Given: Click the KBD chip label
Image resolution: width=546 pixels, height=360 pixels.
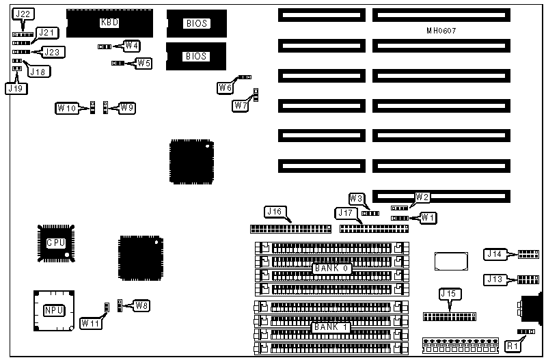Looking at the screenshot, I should (x=109, y=23).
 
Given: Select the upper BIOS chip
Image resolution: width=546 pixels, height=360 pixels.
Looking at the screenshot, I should (x=197, y=23).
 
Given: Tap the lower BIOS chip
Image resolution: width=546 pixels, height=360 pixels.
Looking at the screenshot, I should (x=197, y=56).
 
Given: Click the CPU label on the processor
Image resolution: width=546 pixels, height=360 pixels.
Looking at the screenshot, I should (x=56, y=243).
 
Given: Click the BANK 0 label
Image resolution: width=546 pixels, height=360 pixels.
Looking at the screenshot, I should (x=332, y=268).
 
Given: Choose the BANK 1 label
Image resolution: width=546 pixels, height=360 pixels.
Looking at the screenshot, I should (x=332, y=327).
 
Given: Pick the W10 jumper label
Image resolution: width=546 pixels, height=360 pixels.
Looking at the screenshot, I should (x=67, y=108).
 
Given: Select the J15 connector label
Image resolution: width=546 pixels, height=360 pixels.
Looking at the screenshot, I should (x=448, y=294).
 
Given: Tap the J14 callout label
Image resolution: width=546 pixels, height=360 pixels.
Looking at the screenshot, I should (x=494, y=254).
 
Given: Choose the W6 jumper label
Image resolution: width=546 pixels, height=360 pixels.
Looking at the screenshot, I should (x=226, y=87).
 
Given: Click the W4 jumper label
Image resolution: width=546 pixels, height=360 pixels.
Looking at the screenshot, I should (x=131, y=46).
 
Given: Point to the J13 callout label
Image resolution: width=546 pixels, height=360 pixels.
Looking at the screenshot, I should (x=494, y=279).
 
